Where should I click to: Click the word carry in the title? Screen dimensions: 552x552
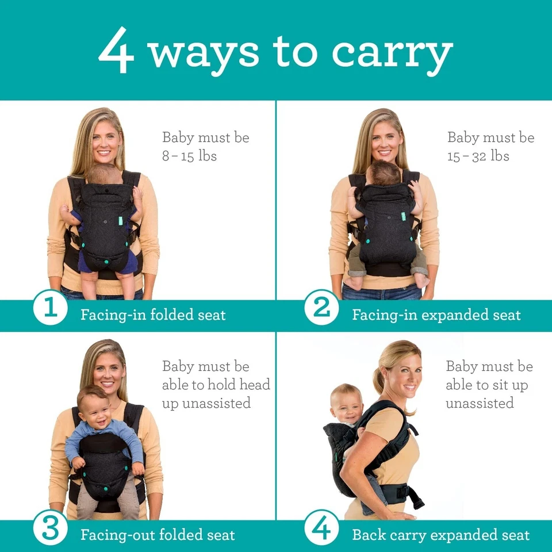click(x=392, y=53)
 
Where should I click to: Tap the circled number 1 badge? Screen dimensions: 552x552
click(x=51, y=308)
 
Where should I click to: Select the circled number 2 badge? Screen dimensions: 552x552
click(x=321, y=308)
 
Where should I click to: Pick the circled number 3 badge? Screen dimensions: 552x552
click(x=51, y=528)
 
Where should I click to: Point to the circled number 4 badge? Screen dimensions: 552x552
click(x=321, y=528)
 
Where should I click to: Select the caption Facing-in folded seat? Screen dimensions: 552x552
click(x=153, y=315)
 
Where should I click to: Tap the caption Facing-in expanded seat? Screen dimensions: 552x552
click(x=436, y=315)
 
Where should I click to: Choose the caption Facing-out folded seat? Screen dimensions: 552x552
click(x=158, y=535)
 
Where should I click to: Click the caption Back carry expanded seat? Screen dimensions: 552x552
click(x=440, y=535)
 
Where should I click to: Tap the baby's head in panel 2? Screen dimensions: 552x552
click(x=384, y=172)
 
